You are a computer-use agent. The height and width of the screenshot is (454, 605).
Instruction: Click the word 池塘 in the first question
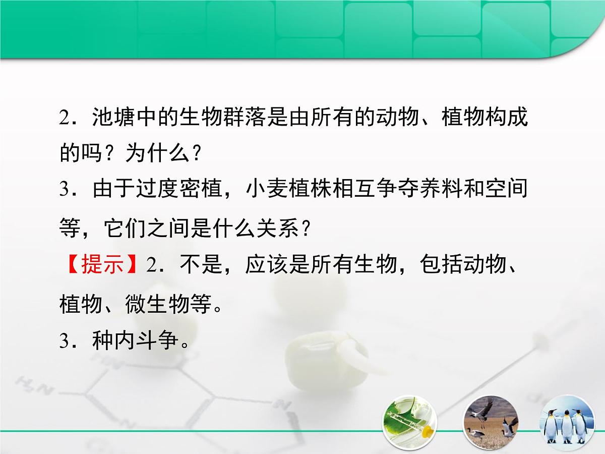coord(108,118)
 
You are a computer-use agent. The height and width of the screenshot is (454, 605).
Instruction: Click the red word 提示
coord(101,264)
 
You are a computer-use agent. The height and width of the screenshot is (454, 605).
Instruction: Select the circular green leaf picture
coord(409,423)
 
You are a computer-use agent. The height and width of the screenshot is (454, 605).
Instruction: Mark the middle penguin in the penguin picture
coord(566,426)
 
